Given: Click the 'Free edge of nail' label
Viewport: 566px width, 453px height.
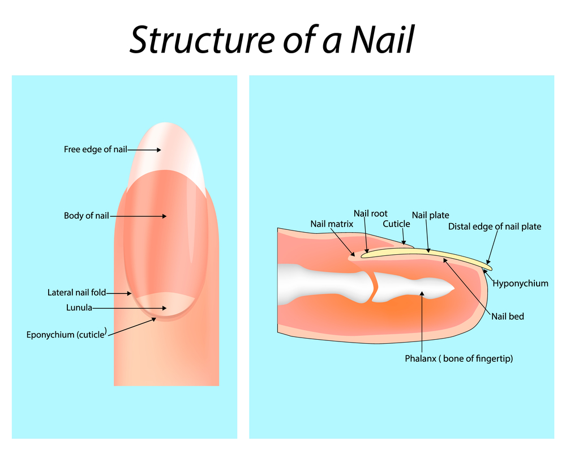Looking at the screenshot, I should tap(95, 149).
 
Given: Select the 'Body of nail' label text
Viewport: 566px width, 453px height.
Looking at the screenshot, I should tap(86, 216).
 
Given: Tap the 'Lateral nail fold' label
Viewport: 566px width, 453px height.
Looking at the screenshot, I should tap(76, 293).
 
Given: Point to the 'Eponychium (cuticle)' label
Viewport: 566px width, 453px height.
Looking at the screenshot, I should tap(66, 334).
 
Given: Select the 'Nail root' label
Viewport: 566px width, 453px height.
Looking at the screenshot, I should tap(371, 213).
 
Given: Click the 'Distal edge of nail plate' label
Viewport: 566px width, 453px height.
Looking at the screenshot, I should tap(494, 226).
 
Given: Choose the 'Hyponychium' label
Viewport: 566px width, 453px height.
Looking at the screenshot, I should tap(520, 283).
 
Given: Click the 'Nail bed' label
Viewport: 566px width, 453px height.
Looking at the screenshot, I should tap(507, 316).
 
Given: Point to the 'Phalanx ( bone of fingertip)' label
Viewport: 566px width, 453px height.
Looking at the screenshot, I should tap(458, 358).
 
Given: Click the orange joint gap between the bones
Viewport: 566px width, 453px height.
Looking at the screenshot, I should tap(374, 286).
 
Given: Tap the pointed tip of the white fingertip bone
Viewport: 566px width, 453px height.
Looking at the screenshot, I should tap(453, 290).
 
